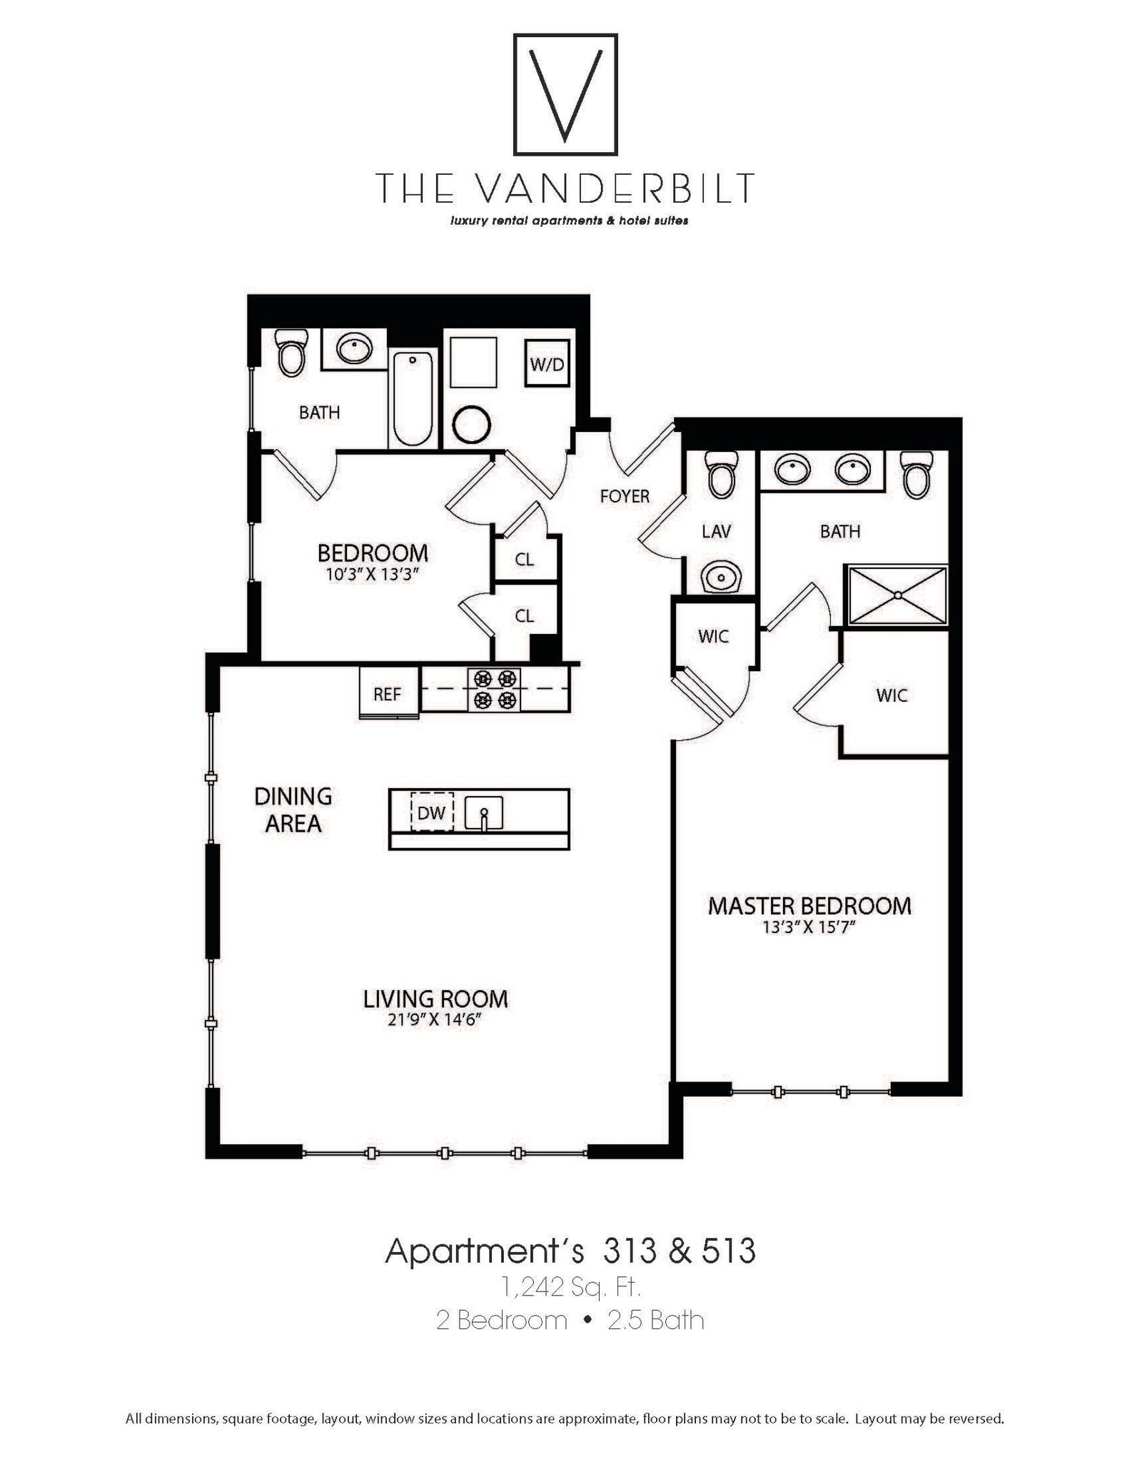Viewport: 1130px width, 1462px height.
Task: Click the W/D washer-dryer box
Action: pos(548,364)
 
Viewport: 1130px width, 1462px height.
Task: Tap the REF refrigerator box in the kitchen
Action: pos(388,693)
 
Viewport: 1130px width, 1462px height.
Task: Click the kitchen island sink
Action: pos(484,813)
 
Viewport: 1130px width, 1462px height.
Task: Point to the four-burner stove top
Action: pos(494,689)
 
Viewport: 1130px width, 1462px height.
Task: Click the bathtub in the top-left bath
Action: pos(413,398)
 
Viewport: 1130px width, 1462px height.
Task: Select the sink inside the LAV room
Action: pos(721,575)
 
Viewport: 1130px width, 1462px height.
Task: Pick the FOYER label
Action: pos(625,496)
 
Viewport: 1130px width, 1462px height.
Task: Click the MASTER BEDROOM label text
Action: pos(809,906)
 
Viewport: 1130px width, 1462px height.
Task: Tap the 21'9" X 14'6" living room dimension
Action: pos(435,1019)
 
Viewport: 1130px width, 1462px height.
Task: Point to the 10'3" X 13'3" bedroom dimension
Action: pos(372,574)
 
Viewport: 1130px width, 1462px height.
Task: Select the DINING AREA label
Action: pos(293,810)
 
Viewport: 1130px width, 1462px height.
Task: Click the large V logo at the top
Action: pos(565,94)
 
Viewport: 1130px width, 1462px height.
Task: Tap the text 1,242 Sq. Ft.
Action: pos(571,1286)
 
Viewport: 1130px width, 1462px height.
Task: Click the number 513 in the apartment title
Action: pos(728,1251)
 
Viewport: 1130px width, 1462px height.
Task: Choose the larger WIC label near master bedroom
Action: pos(892,695)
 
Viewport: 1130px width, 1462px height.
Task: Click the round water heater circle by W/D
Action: pos(471,425)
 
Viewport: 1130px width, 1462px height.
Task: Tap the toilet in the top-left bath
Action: pos(291,351)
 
